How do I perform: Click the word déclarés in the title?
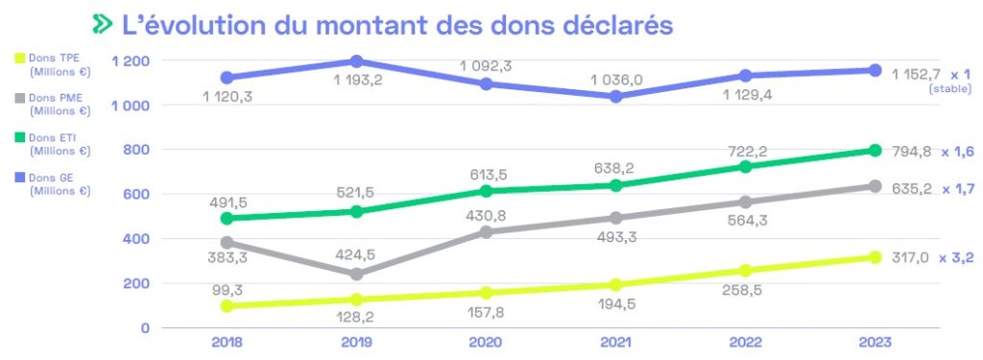[616, 24]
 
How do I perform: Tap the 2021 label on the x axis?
[615, 343]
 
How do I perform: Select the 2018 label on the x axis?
[227, 343]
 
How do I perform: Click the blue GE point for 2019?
[356, 61]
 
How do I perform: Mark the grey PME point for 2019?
[356, 274]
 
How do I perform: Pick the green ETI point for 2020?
[486, 191]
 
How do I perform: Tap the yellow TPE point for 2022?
[746, 270]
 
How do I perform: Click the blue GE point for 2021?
[615, 96]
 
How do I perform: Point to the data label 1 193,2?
[357, 80]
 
